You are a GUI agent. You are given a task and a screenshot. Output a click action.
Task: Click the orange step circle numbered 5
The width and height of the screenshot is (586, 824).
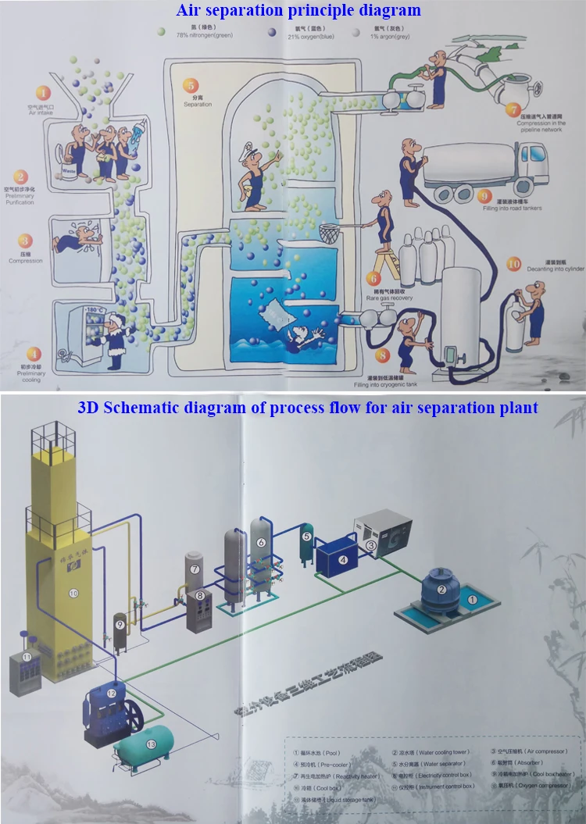click(190, 86)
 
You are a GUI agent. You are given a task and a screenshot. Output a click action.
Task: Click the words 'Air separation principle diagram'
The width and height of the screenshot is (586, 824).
click(299, 10)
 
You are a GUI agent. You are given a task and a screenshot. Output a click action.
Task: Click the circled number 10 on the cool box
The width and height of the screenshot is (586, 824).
click(73, 594)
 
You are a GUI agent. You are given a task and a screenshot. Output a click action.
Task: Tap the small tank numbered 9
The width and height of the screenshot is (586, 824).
click(120, 631)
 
